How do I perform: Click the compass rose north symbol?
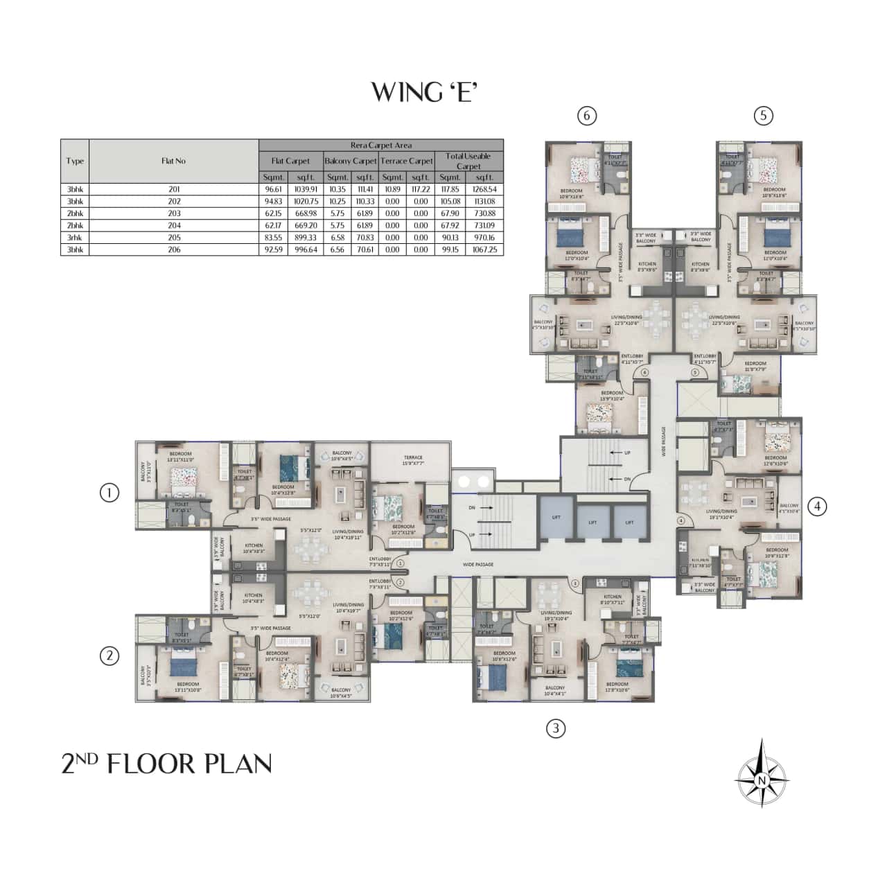point(762,773)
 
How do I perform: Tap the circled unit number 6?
point(587,116)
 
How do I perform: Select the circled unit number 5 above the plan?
point(763,116)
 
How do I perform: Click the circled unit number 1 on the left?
point(109,493)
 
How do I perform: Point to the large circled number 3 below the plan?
point(556,728)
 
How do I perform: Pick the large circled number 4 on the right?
point(818,507)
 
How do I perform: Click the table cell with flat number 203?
point(173,213)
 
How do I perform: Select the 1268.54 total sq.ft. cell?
point(488,188)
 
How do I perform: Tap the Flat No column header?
point(173,161)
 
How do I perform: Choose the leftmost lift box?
point(556,517)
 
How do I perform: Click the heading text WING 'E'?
point(425,91)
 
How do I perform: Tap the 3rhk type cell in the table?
point(75,237)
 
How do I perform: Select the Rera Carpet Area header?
point(380,145)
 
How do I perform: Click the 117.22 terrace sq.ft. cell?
point(421,188)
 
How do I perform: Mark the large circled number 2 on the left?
point(109,655)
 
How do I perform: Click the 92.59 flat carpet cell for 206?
point(276,249)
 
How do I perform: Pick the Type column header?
point(75,161)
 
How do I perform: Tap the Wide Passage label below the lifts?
point(478,565)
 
